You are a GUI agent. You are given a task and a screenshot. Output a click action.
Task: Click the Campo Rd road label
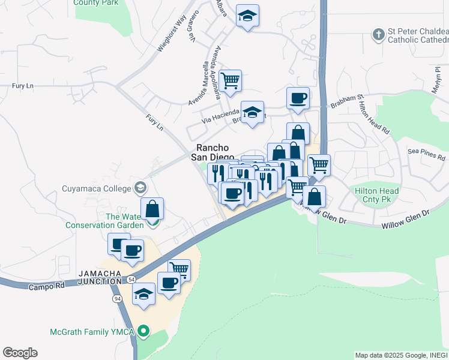46,287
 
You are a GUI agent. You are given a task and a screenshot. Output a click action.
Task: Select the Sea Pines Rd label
426,152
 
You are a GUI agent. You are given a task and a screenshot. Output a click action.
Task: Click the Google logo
20,353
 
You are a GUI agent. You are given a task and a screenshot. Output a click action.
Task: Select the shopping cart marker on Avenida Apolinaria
230,79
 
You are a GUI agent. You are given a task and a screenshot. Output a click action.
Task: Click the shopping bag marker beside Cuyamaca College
152,209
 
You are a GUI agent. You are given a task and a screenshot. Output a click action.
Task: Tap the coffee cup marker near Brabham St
298,98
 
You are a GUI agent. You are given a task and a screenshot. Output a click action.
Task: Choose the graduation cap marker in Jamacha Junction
143,295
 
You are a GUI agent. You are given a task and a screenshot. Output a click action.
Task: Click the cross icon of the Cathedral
378,35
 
